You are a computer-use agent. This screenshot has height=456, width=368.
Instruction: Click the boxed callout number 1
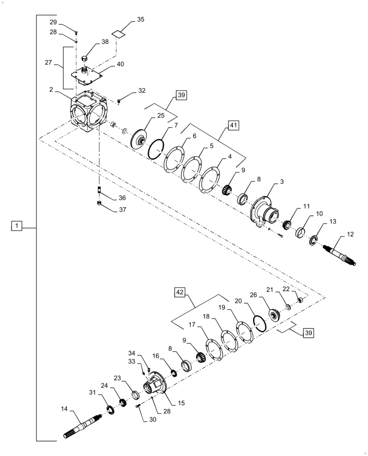click(16, 226)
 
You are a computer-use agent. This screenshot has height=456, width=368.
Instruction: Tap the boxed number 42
click(180, 292)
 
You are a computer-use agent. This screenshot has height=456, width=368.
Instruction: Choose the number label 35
click(140, 20)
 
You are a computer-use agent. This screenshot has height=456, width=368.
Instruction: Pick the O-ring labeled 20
click(260, 323)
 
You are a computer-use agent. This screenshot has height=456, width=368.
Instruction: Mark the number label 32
click(142, 91)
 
